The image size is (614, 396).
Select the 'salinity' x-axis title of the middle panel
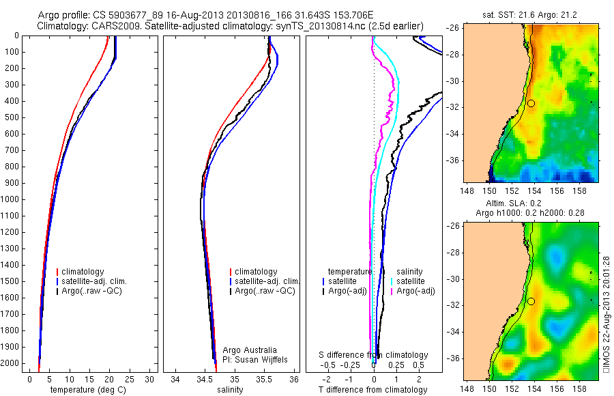(x=230, y=390)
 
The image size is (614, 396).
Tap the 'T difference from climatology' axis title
(x=372, y=390)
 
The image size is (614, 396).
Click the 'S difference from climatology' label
(x=374, y=355)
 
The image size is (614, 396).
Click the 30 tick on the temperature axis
(x=150, y=379)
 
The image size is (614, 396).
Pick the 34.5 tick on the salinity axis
(x=205, y=379)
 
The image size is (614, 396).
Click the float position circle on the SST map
(x=531, y=103)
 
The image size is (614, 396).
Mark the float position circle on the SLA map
(x=531, y=301)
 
